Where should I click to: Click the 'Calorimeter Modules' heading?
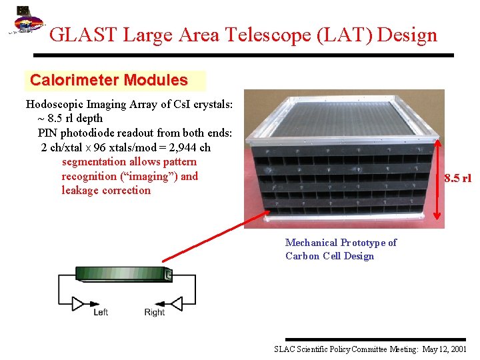click(x=109, y=81)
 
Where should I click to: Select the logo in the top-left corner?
click(x=25, y=23)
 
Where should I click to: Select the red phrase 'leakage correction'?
click(x=106, y=191)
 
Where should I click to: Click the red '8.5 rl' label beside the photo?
click(x=457, y=178)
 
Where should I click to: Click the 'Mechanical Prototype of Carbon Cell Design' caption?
click(x=340, y=249)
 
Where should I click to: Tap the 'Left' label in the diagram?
click(x=101, y=312)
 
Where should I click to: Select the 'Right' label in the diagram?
click(x=155, y=312)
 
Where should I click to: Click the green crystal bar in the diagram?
click(x=124, y=273)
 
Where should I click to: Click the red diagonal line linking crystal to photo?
click(x=213, y=237)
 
